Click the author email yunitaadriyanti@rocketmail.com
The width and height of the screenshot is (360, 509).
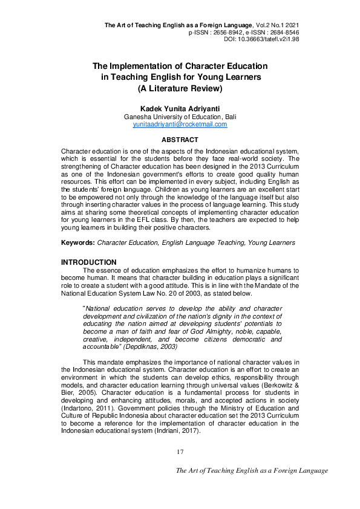180,124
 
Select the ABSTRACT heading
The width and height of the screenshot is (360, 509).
180,140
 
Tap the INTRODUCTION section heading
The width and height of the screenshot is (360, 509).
89,262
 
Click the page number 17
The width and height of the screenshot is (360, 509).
180,452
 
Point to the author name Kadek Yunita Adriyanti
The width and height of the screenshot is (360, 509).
180,109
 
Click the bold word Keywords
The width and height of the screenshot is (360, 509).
78,242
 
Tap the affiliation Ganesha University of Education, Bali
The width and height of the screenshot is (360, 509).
180,117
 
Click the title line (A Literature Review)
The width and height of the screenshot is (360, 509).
180,88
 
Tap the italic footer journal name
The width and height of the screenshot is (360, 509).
251,470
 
